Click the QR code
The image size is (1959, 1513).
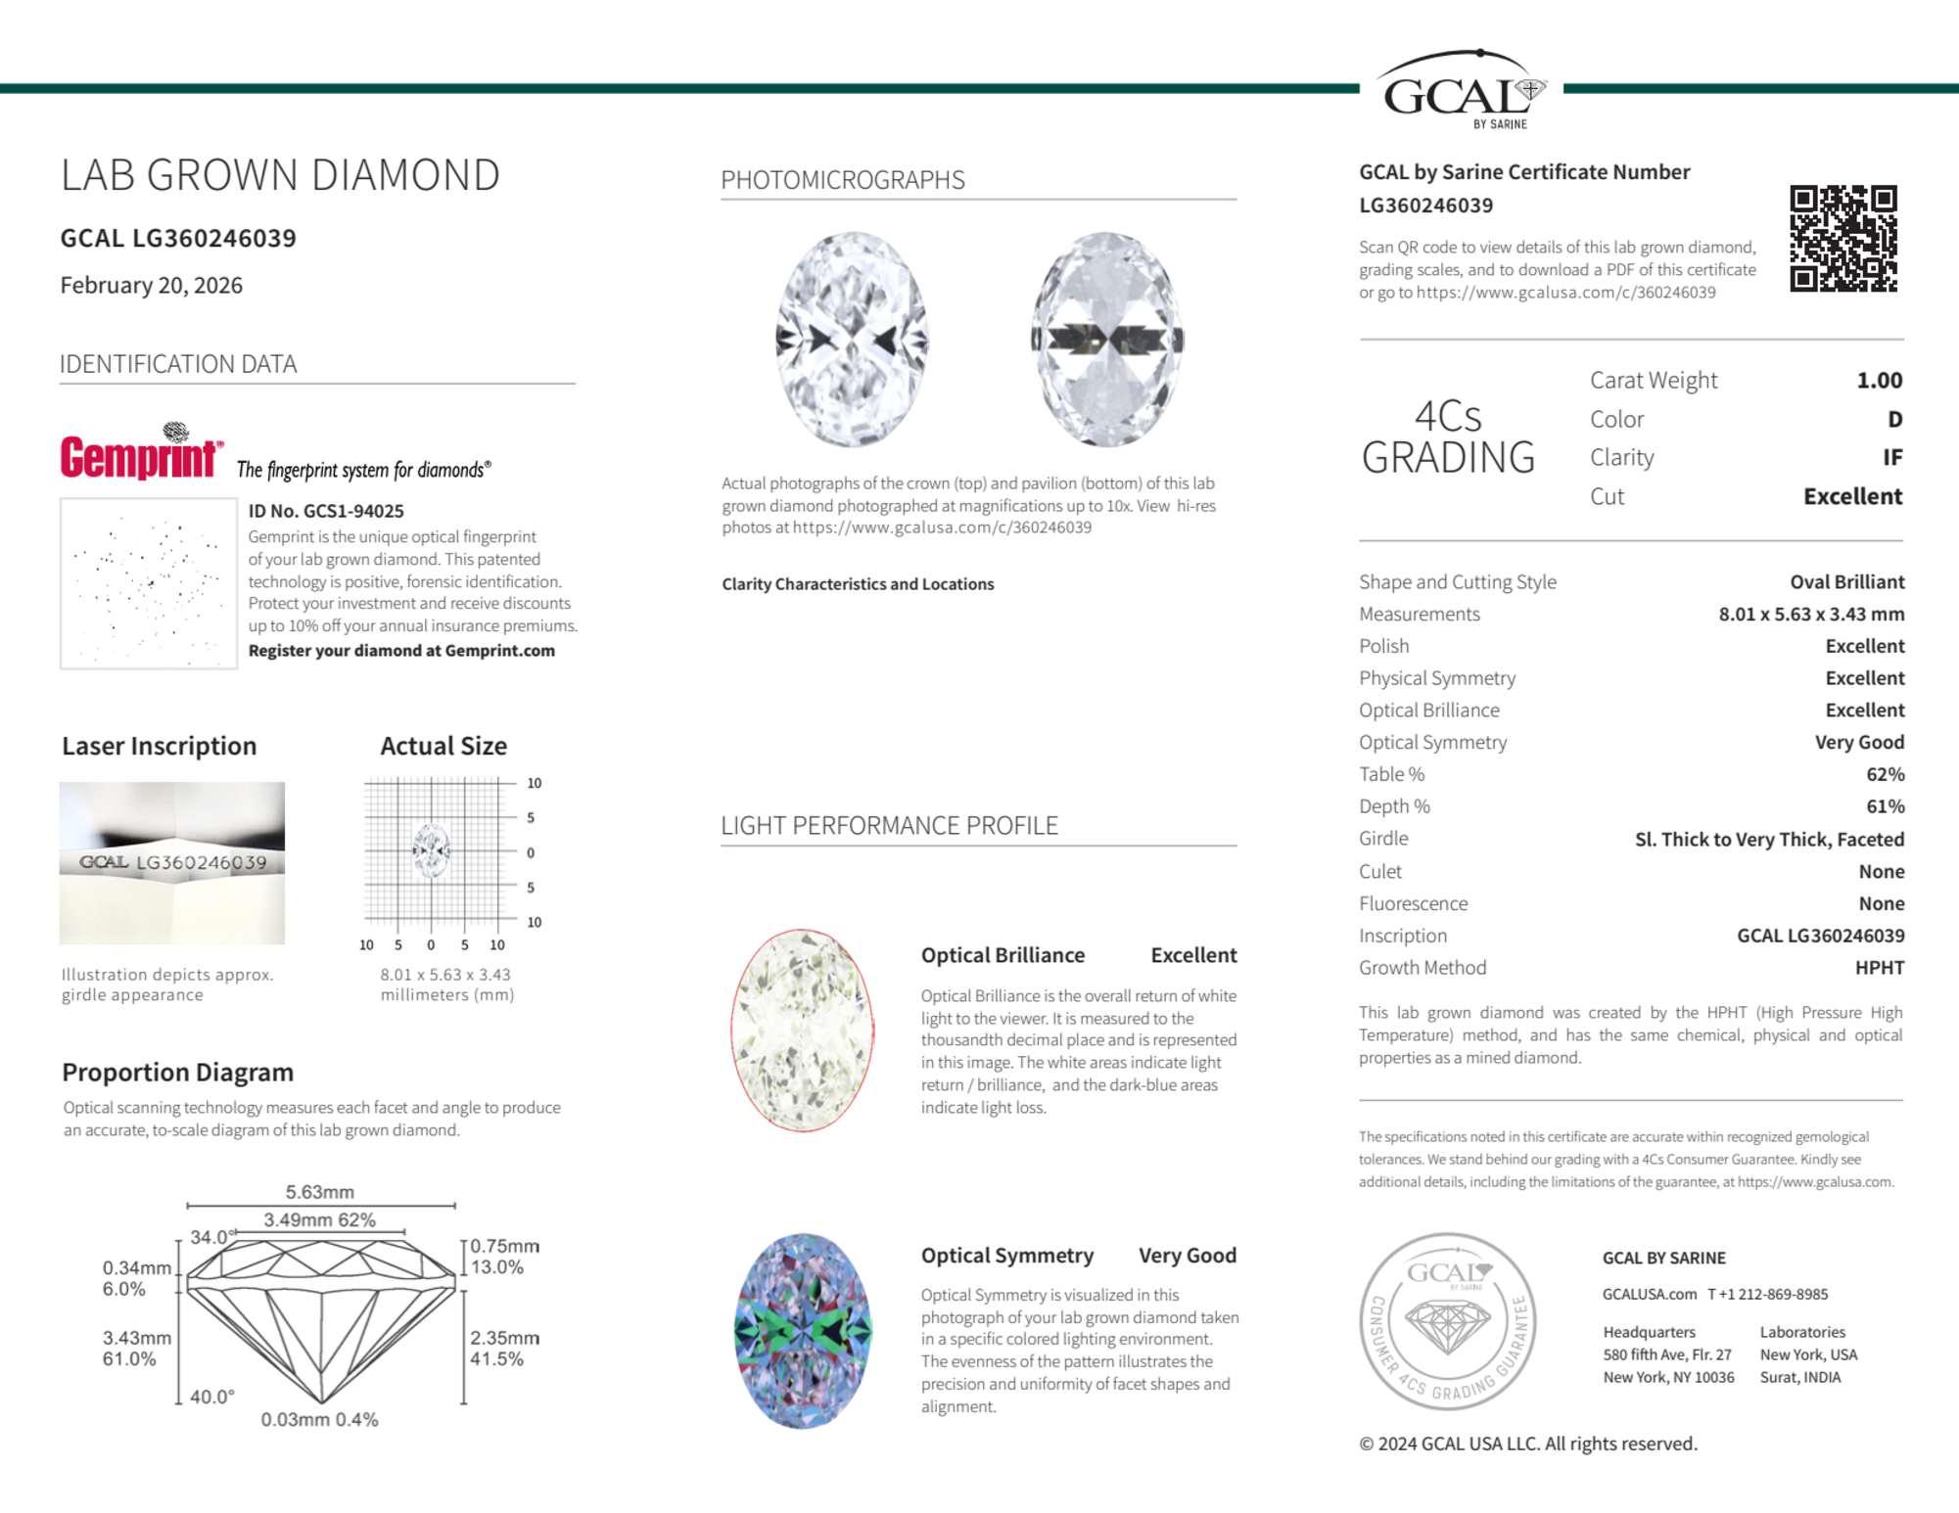pos(1842,239)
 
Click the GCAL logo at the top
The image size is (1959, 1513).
pos(1460,90)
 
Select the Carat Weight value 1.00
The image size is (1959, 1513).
pos(1879,380)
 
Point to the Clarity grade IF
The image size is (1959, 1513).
pos(1891,457)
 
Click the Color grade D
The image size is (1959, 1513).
pos(1894,419)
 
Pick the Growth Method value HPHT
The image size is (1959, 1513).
pos(1879,967)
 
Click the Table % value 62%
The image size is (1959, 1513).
pos(1885,774)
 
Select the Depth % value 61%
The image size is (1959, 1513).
pos(1885,806)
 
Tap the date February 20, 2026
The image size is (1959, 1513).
pos(152,285)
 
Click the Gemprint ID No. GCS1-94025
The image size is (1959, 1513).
pos(326,511)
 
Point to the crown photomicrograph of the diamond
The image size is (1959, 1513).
pos(852,339)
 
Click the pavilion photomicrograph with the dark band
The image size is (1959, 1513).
pos(1106,339)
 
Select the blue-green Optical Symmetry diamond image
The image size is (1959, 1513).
pos(803,1331)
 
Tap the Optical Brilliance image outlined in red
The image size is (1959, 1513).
pos(803,1030)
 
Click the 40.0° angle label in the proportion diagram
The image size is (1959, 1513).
pos(212,1397)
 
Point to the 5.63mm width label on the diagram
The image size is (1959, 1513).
pos(320,1192)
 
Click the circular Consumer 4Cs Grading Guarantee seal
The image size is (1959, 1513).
pos(1448,1321)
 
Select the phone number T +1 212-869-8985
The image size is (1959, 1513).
pos(1768,1294)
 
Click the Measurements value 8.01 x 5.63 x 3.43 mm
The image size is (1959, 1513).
pos(1811,614)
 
